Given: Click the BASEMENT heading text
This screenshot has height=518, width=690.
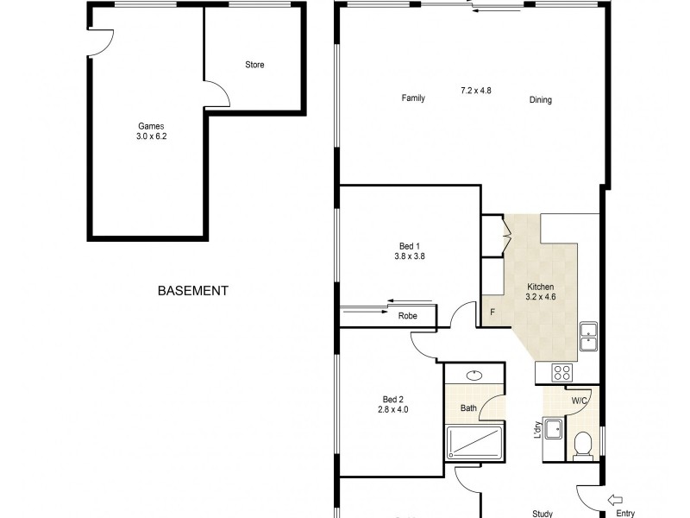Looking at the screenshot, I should [x=193, y=292].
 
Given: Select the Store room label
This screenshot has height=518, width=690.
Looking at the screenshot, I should [x=254, y=66].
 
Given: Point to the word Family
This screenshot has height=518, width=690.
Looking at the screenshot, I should [x=413, y=98].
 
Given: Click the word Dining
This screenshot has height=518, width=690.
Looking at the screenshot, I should [x=540, y=100].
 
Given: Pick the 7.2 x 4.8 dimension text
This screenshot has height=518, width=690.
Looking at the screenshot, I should [x=476, y=90].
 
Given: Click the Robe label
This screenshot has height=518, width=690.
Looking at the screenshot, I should [x=407, y=316].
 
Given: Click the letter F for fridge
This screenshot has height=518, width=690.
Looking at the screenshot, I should [x=492, y=313].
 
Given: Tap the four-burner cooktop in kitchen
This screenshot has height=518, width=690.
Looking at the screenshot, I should [x=562, y=373].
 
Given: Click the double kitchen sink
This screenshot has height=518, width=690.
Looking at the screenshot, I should [x=589, y=336].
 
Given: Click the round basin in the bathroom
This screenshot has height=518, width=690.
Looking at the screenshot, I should [x=474, y=376].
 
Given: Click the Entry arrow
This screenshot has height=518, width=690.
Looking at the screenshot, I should [x=615, y=499].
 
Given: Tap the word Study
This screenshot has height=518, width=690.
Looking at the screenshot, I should [x=543, y=515].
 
